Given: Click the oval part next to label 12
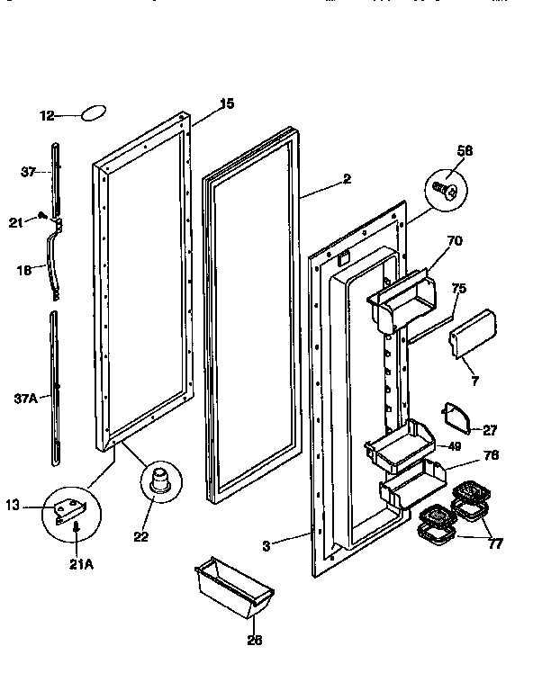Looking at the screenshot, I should (93, 114).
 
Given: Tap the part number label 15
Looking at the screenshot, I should (227, 104).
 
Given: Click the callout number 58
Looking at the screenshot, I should (464, 150).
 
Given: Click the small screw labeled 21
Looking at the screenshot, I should (41, 215).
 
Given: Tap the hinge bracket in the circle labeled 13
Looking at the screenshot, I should (70, 512).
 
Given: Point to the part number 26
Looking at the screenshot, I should (253, 640).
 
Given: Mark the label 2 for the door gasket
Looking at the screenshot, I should (347, 179).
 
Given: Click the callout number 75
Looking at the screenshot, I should (458, 289).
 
